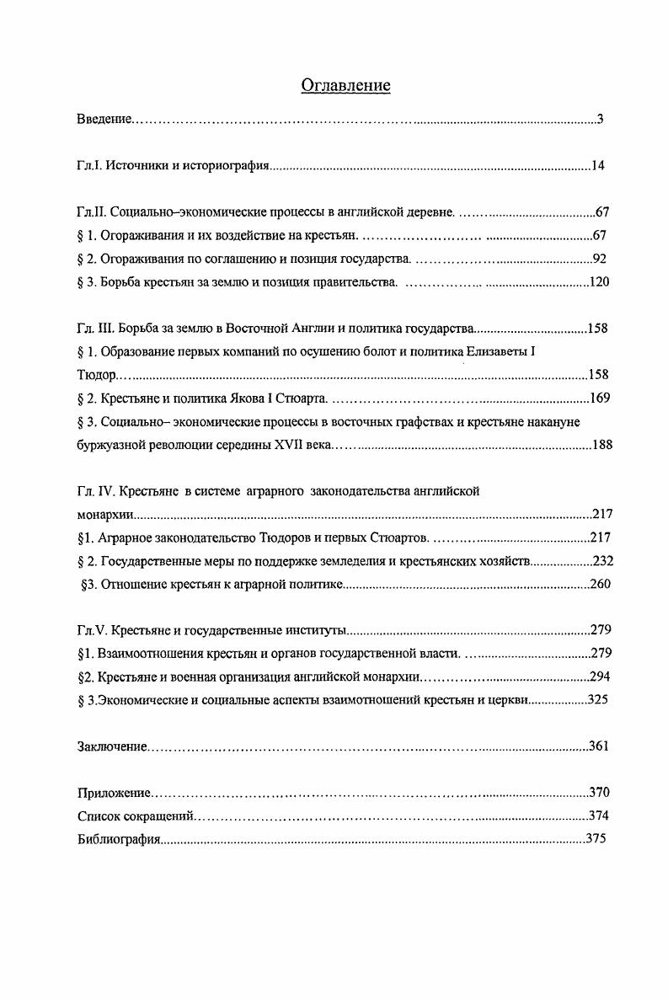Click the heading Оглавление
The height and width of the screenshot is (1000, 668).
pos(345,86)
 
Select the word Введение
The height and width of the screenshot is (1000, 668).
pos(104,120)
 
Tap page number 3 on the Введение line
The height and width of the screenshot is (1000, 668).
pos(600,120)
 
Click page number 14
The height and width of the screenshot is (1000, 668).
pos(597,166)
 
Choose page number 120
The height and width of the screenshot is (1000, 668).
pos(599,282)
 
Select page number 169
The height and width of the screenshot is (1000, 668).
pos(599,398)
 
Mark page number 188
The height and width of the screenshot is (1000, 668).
pos(601,445)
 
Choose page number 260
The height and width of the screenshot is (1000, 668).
pos(600,584)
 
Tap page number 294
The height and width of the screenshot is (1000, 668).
pos(600,676)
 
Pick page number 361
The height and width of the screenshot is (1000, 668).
pos(597,746)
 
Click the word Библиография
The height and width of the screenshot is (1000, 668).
pos(118,839)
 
